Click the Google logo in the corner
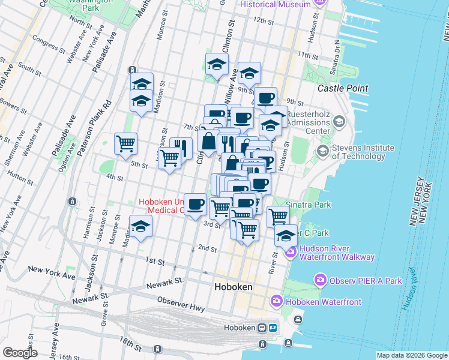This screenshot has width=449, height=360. pyautogui.click(x=20, y=353)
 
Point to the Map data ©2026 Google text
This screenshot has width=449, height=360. pyautogui.click(x=412, y=355)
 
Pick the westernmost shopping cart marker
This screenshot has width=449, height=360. pyautogui.click(x=125, y=143)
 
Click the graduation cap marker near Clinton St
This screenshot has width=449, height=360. pyautogui.click(x=217, y=64)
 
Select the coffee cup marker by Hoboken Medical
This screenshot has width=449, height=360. pyautogui.click(x=195, y=205)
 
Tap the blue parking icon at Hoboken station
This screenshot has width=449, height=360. pyautogui.click(x=273, y=328)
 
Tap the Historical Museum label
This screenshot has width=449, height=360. pyautogui.click(x=276, y=4)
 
